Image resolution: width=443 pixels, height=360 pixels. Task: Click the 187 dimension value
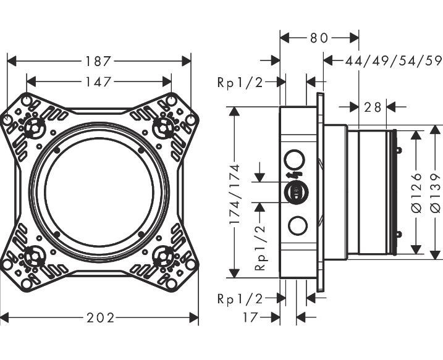(x=99, y=61)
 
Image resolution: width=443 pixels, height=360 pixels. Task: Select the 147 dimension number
(x=99, y=82)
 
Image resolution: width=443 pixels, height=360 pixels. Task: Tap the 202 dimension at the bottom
(x=101, y=318)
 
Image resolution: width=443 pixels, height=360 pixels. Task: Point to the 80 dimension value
(x=319, y=38)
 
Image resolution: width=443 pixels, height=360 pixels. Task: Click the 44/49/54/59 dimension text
(x=394, y=61)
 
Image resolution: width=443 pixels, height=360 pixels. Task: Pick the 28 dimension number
(x=373, y=107)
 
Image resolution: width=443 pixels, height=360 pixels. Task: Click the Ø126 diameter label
(x=418, y=193)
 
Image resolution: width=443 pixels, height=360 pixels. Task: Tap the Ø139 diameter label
(x=436, y=193)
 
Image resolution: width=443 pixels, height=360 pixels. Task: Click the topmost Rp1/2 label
(x=240, y=82)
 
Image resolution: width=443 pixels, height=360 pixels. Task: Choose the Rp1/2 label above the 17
(x=240, y=299)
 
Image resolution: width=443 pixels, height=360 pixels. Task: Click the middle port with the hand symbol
(x=297, y=193)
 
